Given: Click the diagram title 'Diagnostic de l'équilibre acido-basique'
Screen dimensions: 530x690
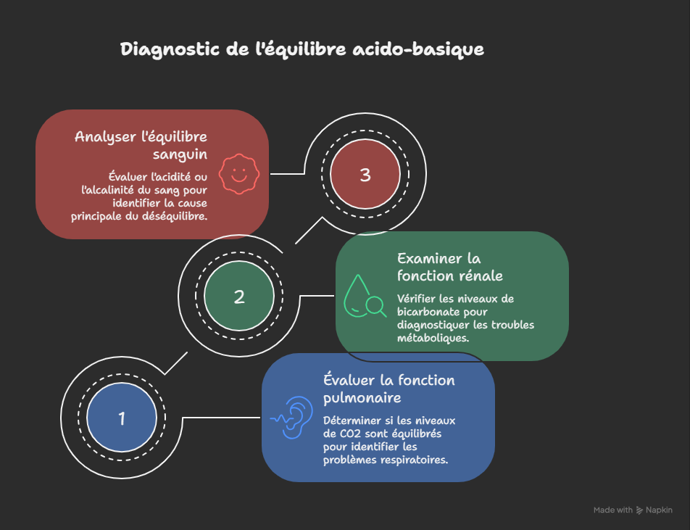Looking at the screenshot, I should (302, 50).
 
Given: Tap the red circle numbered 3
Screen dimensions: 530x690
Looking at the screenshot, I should (365, 175).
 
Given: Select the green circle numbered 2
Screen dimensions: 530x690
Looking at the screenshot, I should (239, 296).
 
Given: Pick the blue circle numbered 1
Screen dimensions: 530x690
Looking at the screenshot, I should (122, 418).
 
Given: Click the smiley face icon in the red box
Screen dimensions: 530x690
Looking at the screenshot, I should (238, 174).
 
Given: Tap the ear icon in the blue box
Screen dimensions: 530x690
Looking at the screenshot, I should (291, 418).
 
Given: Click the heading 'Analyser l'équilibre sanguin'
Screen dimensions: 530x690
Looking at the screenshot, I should (141, 145).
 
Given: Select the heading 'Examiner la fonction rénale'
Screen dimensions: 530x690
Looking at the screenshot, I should (449, 267).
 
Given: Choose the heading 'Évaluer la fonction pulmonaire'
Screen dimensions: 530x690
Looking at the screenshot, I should (388, 389).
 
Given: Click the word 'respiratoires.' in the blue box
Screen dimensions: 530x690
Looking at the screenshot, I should (412, 459).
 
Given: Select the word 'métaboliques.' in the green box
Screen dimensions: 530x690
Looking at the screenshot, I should (433, 338).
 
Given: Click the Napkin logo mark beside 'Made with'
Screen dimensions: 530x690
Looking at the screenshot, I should (639, 510).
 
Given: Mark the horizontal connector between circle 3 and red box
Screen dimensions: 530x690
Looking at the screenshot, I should (287, 174).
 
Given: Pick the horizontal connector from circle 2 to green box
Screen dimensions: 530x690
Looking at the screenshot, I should (316, 296).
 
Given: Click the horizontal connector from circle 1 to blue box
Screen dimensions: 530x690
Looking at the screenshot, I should (221, 418).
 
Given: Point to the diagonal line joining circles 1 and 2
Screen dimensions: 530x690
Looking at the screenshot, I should (176, 363).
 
